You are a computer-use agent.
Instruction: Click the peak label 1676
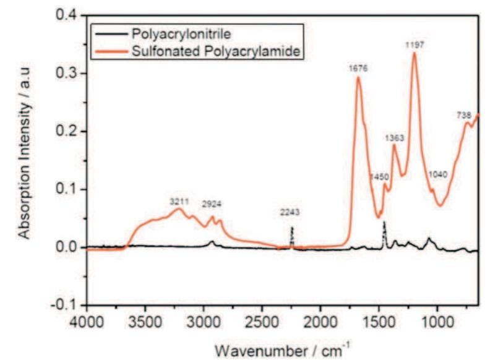[358, 69]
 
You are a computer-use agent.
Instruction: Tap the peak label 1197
[414, 45]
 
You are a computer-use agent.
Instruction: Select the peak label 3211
[180, 202]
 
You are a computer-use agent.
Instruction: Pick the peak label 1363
[396, 137]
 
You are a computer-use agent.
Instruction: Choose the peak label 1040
[439, 175]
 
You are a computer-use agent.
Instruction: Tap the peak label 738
[465, 116]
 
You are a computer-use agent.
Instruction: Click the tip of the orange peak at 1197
[414, 53]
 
